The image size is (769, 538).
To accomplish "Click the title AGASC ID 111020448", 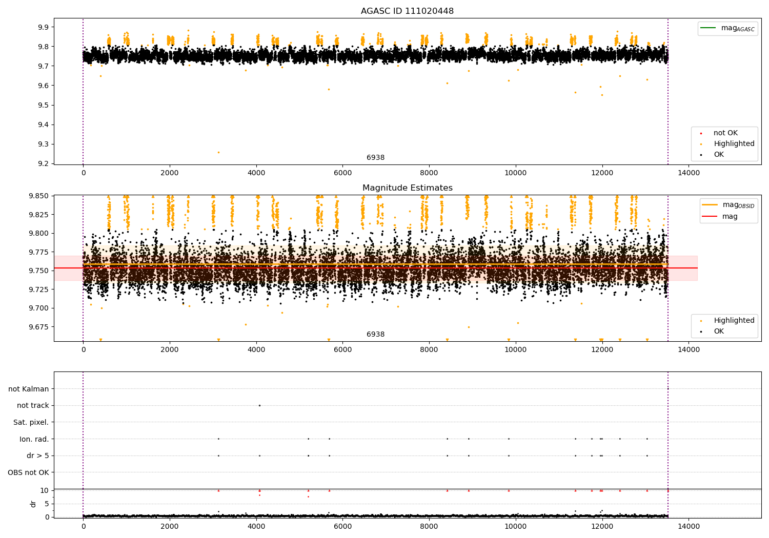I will click(407, 11).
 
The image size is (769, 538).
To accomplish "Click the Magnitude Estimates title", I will click(407, 188).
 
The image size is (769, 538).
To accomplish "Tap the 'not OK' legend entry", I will click(725, 133).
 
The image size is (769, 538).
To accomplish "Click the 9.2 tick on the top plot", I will click(43, 164).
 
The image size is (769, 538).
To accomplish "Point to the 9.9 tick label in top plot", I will click(43, 27).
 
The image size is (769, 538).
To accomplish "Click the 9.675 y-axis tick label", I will click(39, 327).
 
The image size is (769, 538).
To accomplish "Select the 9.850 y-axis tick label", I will click(39, 196).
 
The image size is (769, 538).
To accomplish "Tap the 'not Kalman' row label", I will click(29, 389).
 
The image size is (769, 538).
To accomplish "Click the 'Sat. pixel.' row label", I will click(31, 423).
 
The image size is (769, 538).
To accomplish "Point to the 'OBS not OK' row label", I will click(29, 472).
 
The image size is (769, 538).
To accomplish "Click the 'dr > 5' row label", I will click(38, 456).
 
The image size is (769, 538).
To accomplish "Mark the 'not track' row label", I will click(33, 406).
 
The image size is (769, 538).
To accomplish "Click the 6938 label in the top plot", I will click(375, 158).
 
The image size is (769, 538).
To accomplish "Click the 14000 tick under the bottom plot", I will click(689, 526).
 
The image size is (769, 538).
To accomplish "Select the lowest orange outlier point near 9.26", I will click(218, 152).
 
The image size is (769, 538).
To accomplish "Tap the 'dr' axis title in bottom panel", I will click(33, 504).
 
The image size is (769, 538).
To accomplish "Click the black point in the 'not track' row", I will click(259, 405).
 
